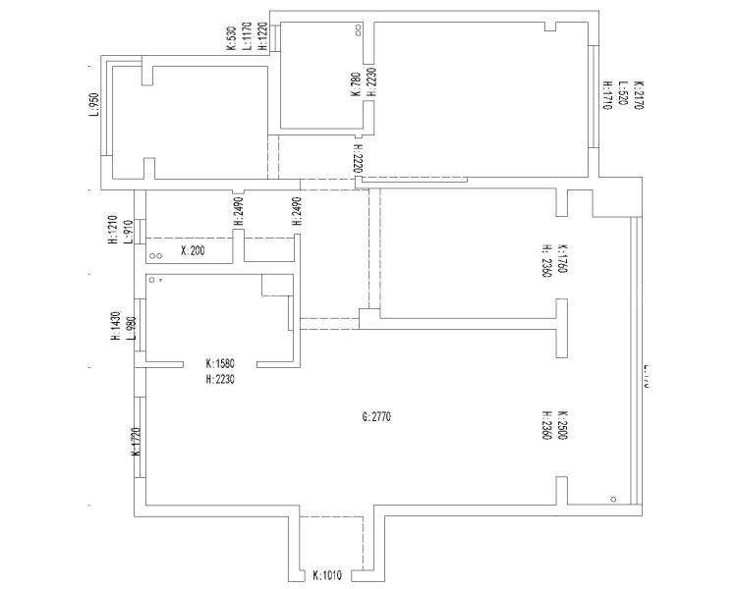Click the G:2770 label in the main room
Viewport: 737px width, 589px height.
pos(376,417)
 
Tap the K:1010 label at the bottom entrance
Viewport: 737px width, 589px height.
pos(326,575)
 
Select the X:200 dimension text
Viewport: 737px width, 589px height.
pos(193,251)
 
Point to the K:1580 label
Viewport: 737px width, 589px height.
pos(220,363)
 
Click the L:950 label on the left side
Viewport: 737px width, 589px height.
pos(94,104)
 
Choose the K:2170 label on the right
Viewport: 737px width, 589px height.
pos(638,95)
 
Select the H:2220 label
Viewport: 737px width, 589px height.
pos(360,161)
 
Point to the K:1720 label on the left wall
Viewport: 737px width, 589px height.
pos(136,442)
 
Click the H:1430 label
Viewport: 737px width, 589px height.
pos(115,326)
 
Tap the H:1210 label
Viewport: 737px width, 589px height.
pos(113,230)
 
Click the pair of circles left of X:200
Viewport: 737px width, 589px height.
pos(155,256)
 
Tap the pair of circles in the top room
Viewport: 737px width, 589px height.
pos(358,31)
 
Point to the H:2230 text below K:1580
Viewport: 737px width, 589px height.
pos(220,379)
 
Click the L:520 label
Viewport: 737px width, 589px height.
pos(623,95)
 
